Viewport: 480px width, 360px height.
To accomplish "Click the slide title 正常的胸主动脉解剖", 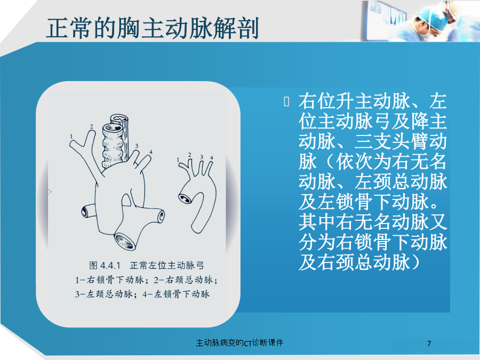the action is (x=153, y=28).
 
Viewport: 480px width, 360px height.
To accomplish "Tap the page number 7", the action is (x=429, y=343).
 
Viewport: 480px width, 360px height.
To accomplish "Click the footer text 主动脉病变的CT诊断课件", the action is (x=239, y=342).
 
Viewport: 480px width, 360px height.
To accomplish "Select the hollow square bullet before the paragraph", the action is (x=286, y=102).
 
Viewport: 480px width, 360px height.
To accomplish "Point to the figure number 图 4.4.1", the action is (x=105, y=266).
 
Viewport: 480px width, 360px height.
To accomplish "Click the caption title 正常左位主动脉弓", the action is (x=167, y=266).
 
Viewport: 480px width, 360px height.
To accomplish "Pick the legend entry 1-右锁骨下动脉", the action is (x=109, y=280).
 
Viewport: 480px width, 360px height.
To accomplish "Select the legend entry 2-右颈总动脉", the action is (x=186, y=280).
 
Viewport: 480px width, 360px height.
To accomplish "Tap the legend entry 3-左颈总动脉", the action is (x=103, y=294).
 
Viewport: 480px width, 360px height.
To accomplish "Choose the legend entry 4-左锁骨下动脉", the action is (x=177, y=294).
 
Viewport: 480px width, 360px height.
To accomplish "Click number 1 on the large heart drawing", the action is (x=71, y=137).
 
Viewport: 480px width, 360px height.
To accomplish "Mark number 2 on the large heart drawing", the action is (x=92, y=126).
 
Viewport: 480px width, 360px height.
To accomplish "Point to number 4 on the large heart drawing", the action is (x=150, y=152).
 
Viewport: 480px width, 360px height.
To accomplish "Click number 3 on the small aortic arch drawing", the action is (x=202, y=157).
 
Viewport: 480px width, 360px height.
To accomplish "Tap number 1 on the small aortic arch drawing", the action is (x=178, y=160).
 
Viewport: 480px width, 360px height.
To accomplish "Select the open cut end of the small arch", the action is (x=185, y=199).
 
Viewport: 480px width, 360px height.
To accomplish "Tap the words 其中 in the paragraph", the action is (x=317, y=222).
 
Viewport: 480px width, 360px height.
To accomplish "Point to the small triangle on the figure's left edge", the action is (x=50, y=192).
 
